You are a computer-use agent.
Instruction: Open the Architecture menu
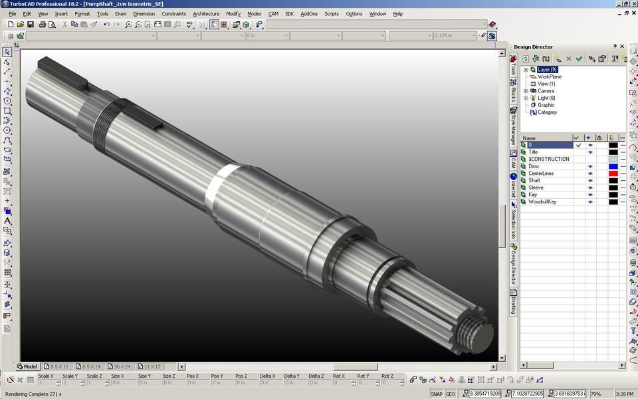[206, 13]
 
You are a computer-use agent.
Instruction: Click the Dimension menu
[144, 13]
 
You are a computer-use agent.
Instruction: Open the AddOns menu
[308, 13]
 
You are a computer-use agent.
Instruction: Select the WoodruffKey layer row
[542, 201]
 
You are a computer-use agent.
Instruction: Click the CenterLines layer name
[541, 174]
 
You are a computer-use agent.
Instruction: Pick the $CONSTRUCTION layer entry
[549, 159]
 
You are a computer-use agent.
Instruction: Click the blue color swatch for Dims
[613, 166]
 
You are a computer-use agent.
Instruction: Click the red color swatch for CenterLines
[613, 174]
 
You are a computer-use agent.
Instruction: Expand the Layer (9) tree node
[526, 70]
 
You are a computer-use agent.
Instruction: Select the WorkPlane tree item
[550, 77]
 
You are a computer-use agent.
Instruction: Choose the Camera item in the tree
[546, 91]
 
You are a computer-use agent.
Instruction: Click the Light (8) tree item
[546, 98]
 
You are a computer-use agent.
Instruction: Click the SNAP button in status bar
[437, 394]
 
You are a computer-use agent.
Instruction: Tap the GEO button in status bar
[451, 394]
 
